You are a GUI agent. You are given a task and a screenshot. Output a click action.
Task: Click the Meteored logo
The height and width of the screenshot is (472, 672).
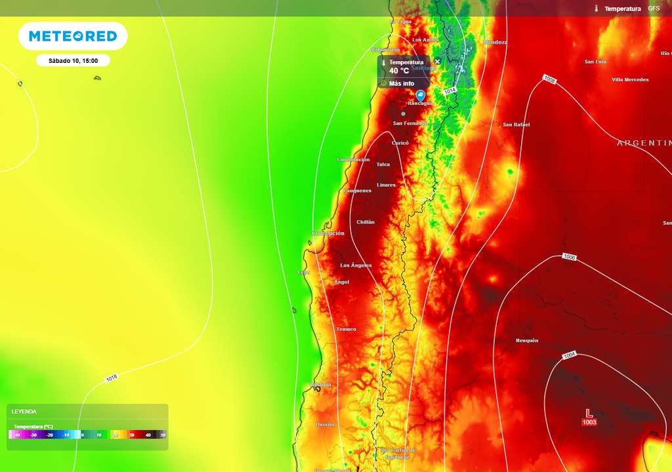(x=73, y=36)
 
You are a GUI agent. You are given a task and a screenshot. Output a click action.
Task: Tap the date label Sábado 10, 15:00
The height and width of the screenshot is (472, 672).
(x=73, y=61)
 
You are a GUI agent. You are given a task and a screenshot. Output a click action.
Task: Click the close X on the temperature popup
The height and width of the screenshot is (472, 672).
(x=438, y=62)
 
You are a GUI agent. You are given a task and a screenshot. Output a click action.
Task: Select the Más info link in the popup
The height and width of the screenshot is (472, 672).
(x=401, y=83)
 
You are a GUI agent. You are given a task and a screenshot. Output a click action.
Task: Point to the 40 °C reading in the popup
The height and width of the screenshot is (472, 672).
(x=399, y=71)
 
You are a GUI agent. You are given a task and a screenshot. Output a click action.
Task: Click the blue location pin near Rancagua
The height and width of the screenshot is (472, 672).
(x=421, y=95)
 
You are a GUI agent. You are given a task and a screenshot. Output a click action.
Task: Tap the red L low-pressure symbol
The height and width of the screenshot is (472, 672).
(x=589, y=413)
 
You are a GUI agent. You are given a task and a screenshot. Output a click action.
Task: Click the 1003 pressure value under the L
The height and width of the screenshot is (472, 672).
(x=589, y=423)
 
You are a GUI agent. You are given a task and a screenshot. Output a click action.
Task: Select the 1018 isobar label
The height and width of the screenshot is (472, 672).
(x=111, y=378)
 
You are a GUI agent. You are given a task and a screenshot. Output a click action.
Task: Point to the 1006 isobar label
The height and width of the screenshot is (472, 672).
(x=569, y=258)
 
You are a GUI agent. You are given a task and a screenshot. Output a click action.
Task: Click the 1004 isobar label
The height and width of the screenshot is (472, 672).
(x=569, y=355)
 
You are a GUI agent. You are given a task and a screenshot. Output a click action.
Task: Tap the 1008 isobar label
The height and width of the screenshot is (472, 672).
(x=549, y=80)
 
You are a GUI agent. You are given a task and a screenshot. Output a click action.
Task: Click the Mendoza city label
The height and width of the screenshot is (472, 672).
(x=495, y=43)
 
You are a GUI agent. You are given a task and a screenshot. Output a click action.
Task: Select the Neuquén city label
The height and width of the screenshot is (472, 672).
(x=527, y=340)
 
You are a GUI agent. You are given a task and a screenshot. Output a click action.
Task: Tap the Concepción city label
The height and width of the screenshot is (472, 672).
(x=328, y=233)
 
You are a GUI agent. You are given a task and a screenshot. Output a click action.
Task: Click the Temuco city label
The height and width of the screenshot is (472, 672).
(x=346, y=329)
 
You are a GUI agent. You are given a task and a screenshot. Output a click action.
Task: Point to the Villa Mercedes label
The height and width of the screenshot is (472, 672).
(x=630, y=80)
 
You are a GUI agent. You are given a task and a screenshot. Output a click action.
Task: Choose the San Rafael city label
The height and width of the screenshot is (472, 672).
(x=516, y=125)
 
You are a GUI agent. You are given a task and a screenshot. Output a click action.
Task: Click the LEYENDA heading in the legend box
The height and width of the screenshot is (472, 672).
(x=24, y=412)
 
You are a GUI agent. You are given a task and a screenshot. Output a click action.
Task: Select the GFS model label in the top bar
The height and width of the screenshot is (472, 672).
(x=654, y=9)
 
